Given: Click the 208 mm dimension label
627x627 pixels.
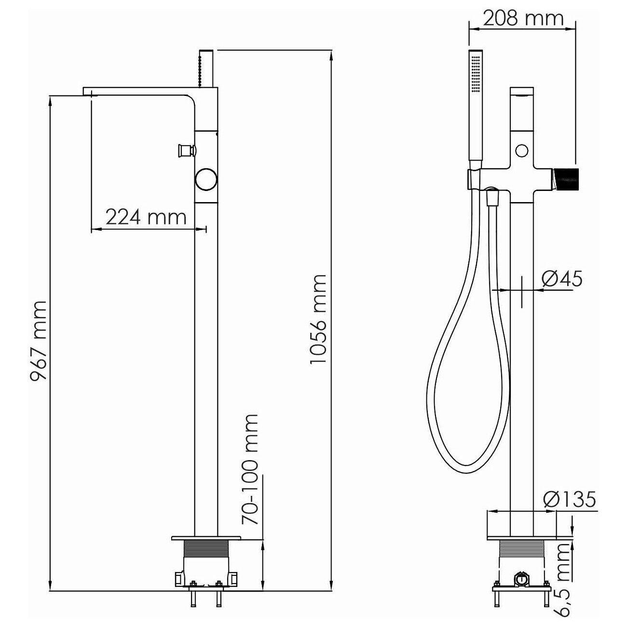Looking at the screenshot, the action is coord(523,18).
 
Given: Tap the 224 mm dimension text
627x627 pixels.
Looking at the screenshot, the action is coord(146,217).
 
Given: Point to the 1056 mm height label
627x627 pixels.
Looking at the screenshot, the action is coord(317,319).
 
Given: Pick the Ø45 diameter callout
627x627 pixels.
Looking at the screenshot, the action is coord(562,279).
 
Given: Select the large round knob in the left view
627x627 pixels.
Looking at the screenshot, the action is coord(206,179).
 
